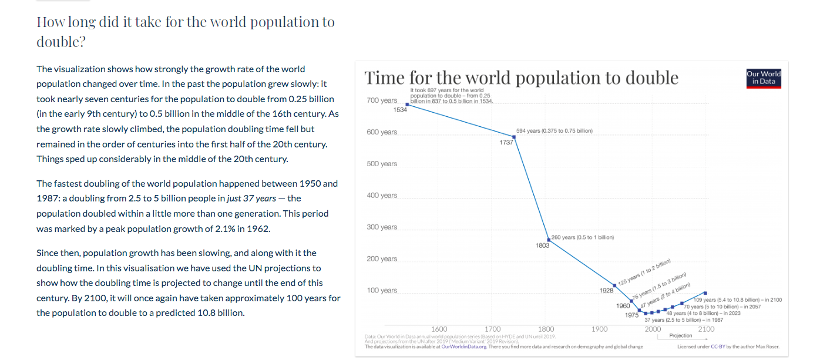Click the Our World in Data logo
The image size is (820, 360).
(763, 78)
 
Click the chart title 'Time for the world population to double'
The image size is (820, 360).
(521, 78)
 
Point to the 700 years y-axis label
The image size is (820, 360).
(382, 100)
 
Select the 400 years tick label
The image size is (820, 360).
(382, 196)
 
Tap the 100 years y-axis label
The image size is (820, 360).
(382, 291)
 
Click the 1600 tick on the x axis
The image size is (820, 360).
(439, 329)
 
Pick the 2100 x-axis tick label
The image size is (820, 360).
(706, 329)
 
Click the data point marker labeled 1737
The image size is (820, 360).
(514, 137)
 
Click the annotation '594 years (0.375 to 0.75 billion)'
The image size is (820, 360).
(554, 130)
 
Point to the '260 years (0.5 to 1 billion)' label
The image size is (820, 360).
(583, 237)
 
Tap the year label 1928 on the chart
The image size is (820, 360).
(607, 291)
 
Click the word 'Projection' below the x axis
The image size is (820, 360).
(681, 336)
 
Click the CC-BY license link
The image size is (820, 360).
(718, 347)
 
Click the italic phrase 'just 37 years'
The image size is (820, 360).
(251, 198)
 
